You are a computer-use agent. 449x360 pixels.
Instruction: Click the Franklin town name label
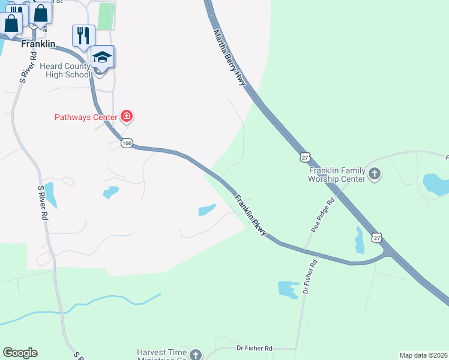[x=38, y=44]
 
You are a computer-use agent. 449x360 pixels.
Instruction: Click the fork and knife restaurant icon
[x=83, y=35]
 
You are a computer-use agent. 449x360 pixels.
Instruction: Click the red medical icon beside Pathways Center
[x=127, y=116]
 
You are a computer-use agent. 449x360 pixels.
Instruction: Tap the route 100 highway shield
[x=126, y=143]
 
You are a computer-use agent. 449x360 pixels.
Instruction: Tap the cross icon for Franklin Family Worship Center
[x=375, y=175]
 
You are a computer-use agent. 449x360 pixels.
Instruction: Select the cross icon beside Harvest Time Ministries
[x=195, y=355]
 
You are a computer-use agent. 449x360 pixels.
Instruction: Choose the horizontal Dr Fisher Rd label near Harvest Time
[x=254, y=348]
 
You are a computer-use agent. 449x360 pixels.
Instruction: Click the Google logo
[x=20, y=353]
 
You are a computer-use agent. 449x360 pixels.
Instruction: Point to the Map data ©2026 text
[x=423, y=355]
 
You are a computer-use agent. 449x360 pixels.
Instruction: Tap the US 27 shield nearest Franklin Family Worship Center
[x=306, y=157]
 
